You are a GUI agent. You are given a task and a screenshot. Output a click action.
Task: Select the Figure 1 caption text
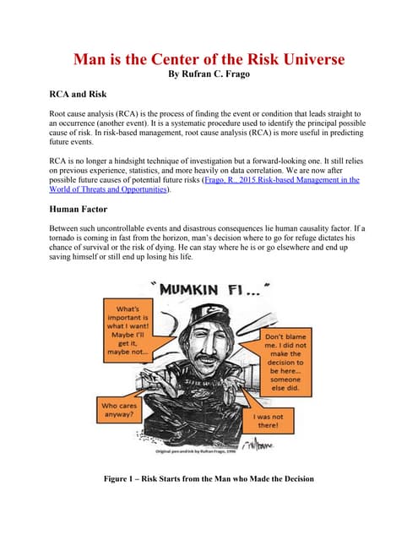[208, 479]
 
